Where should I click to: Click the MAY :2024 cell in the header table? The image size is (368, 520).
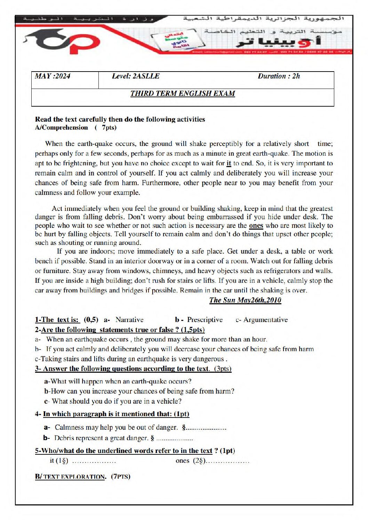(x=53, y=76)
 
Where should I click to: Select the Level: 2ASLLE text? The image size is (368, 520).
(x=136, y=76)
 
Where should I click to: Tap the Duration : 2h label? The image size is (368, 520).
(x=279, y=76)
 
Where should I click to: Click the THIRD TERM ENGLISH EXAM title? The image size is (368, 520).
(x=183, y=93)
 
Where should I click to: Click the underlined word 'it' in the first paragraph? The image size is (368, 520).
(x=229, y=163)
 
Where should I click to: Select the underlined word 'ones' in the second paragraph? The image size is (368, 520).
(x=256, y=225)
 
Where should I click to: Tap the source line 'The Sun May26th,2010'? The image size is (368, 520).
(x=245, y=300)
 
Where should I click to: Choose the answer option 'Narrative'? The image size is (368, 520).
(x=129, y=320)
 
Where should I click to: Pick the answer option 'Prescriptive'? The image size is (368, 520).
(x=205, y=320)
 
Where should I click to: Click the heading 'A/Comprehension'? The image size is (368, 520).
(x=62, y=127)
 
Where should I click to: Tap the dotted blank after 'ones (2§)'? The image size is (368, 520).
(x=228, y=462)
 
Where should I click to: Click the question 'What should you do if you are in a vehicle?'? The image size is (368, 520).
(x=117, y=401)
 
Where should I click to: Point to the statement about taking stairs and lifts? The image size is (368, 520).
(x=131, y=359)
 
